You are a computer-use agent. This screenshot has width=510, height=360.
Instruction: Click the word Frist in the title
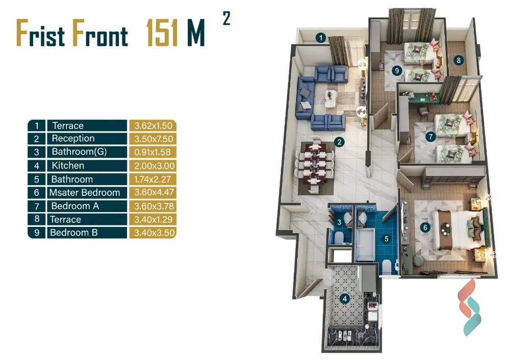click(x=41, y=33)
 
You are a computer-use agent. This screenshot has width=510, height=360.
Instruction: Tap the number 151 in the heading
click(x=162, y=33)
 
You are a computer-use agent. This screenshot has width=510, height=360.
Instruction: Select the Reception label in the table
click(x=73, y=139)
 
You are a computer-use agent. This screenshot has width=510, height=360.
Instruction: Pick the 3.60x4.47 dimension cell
click(x=154, y=192)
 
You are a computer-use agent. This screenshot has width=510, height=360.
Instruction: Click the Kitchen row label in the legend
click(x=68, y=166)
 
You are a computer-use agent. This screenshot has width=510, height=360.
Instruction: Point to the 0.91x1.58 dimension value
click(x=152, y=152)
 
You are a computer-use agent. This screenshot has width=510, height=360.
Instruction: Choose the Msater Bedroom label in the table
click(x=85, y=193)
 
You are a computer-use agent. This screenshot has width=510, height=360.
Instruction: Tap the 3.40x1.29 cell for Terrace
click(x=153, y=219)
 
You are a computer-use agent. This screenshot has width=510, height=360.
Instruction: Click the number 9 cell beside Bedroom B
click(x=36, y=233)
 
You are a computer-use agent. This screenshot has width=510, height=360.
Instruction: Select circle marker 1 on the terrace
click(x=321, y=38)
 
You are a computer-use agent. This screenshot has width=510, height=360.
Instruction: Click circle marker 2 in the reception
click(x=339, y=142)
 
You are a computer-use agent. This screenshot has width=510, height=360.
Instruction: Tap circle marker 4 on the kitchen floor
click(x=345, y=298)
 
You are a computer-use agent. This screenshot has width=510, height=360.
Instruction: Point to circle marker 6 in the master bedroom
click(x=425, y=227)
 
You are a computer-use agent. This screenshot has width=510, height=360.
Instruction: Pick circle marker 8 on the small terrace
click(x=458, y=60)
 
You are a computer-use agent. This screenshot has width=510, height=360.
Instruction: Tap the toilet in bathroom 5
click(x=387, y=267)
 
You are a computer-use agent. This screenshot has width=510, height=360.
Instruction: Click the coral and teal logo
click(x=469, y=308)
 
